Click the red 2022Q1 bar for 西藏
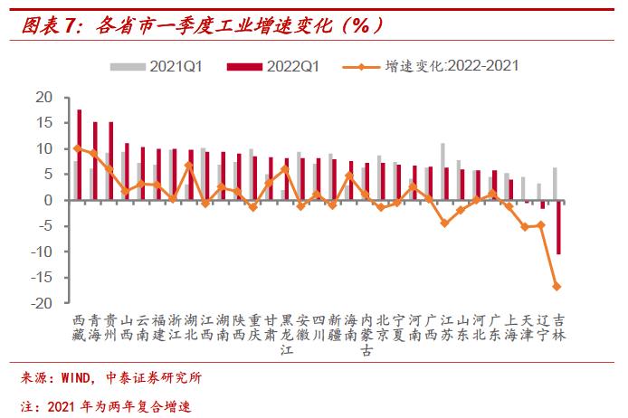80,155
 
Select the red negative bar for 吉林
560,227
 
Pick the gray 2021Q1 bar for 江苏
442,172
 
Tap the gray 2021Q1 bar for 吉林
555,184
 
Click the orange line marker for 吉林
557,287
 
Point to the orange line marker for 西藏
77,148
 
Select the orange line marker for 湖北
188,166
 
